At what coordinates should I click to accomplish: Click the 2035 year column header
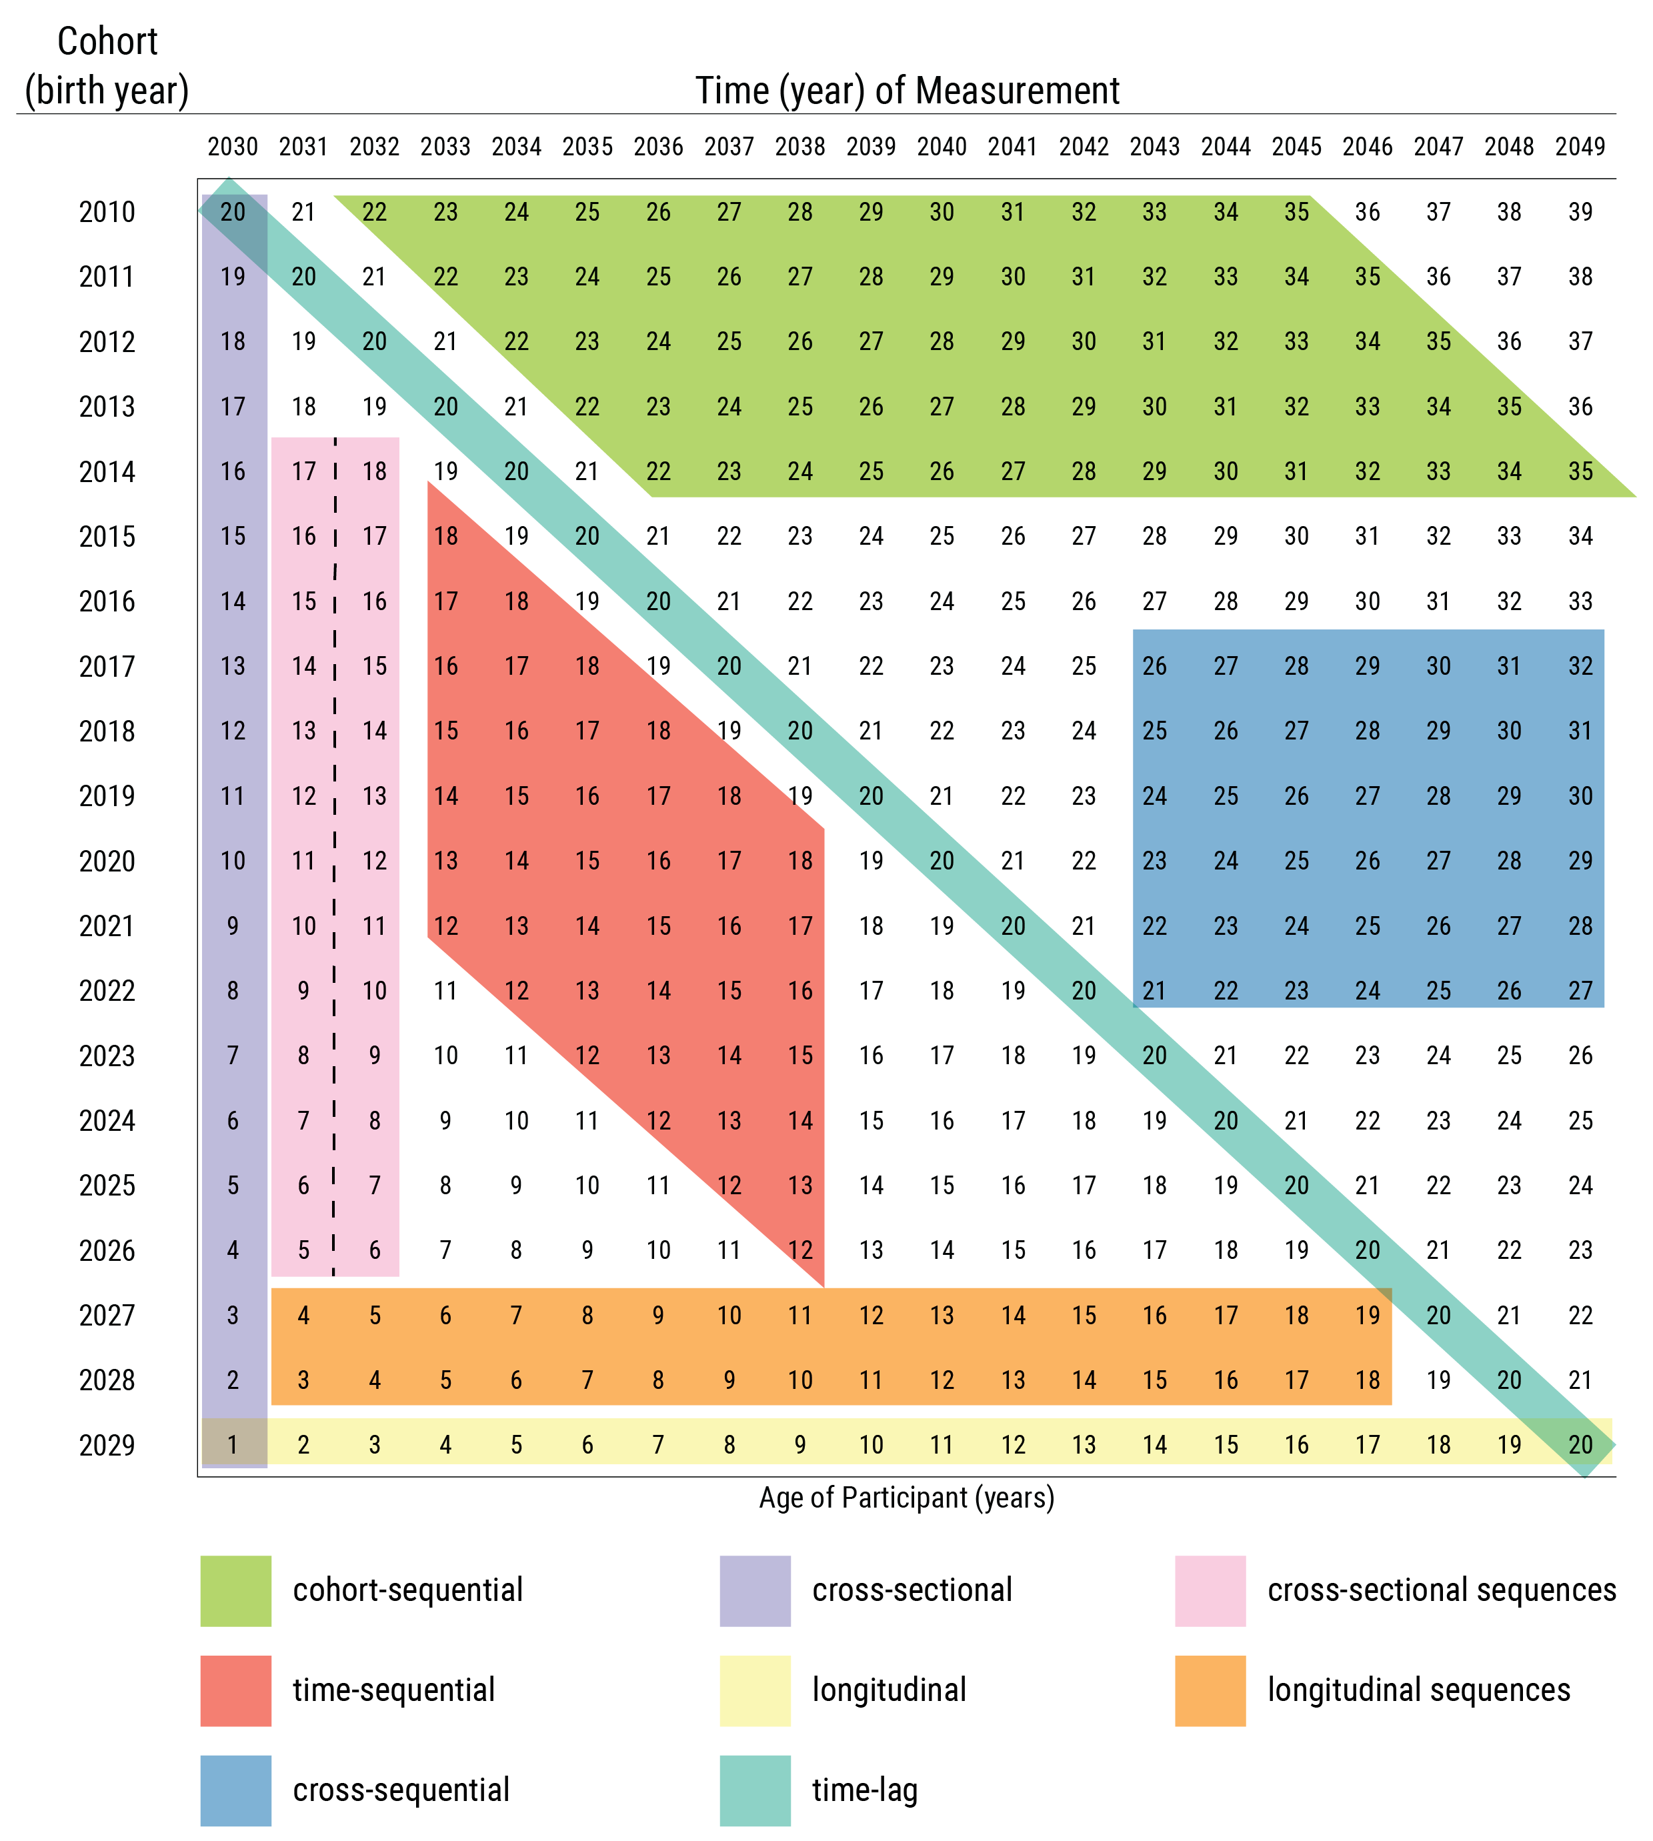tap(587, 146)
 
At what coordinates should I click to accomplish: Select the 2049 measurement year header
tap(1580, 146)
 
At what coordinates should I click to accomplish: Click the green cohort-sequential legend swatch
tap(235, 1590)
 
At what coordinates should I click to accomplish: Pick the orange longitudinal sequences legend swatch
tap(1210, 1690)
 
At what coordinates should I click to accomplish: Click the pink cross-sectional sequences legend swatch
tap(1210, 1590)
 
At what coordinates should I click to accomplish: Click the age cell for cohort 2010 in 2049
tap(1580, 211)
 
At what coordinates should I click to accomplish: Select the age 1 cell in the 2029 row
tap(233, 1444)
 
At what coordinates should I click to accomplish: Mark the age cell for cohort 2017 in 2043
tap(1154, 665)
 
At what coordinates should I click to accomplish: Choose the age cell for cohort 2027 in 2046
tap(1367, 1314)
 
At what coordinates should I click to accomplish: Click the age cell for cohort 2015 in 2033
tap(445, 536)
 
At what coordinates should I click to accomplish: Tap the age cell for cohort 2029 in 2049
tap(1580, 1444)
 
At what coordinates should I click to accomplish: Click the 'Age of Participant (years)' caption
tap(906, 1498)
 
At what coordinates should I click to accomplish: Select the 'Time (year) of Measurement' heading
tap(906, 91)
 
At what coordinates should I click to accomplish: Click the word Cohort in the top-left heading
tap(107, 42)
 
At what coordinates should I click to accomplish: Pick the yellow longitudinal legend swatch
tap(755, 1690)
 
